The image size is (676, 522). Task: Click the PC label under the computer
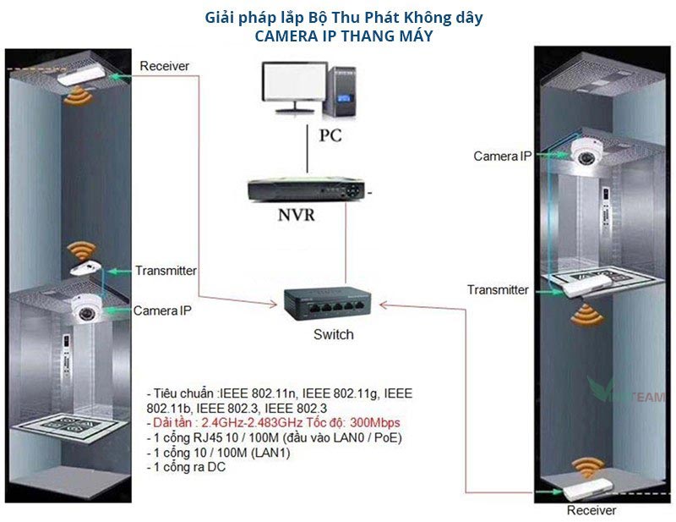click(330, 135)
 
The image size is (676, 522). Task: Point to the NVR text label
click(297, 215)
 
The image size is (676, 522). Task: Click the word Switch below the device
click(333, 334)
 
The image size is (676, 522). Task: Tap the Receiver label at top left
click(165, 66)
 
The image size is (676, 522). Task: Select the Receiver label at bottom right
click(591, 510)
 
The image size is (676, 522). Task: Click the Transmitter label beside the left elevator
click(166, 271)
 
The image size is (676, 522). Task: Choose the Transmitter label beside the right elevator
click(498, 290)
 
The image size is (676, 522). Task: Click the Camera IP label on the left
click(162, 311)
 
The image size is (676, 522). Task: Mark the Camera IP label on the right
click(502, 157)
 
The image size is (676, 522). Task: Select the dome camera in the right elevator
click(582, 153)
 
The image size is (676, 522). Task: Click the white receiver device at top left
click(84, 77)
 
